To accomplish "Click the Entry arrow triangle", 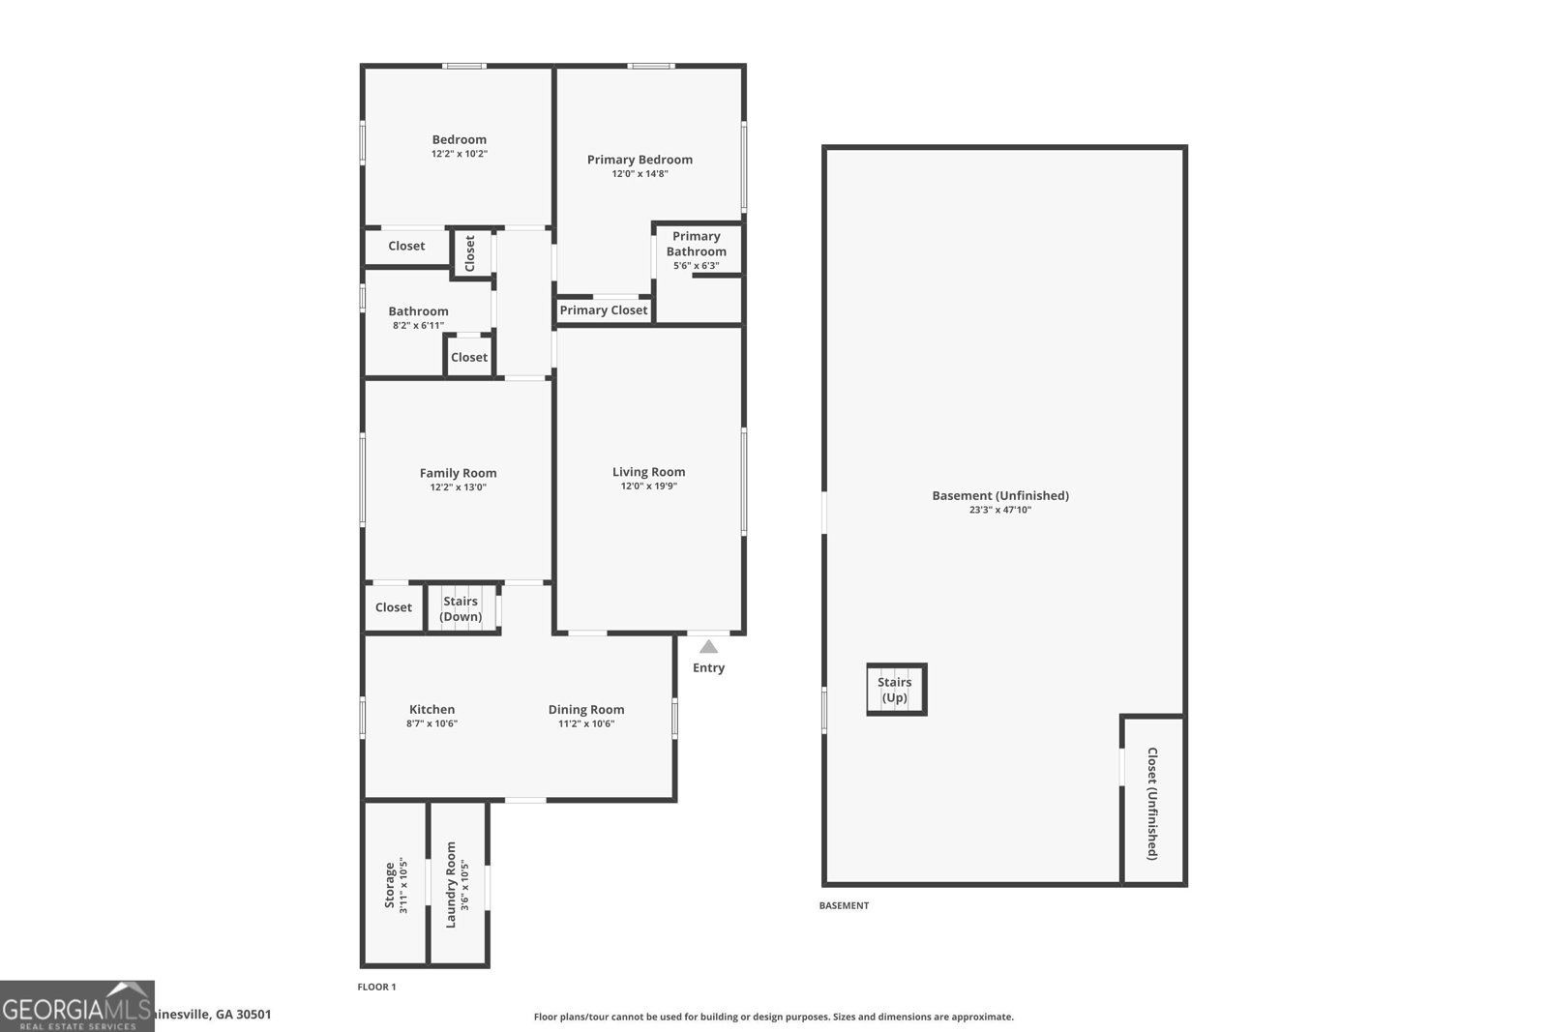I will [709, 647].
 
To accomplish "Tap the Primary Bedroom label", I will [640, 160].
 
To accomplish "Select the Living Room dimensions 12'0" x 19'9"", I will [648, 487].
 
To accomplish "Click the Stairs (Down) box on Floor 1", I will [461, 609].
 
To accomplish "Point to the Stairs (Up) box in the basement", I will [896, 690].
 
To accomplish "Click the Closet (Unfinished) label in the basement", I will [1151, 803].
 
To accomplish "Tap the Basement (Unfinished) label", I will [1000, 495].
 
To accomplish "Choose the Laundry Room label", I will [451, 884].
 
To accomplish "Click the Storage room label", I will [390, 884].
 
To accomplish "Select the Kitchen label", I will [432, 709].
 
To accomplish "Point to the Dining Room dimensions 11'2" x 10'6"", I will [586, 723].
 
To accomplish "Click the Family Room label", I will [458, 473].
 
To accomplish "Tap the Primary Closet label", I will [604, 310].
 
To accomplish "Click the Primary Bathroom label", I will [697, 244].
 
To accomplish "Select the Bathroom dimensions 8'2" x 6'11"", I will [418, 325].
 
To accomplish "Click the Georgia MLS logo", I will [77, 1006].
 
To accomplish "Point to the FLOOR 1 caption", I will [377, 987].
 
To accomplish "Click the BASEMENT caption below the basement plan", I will [844, 905].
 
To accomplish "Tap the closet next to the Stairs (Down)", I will [394, 607].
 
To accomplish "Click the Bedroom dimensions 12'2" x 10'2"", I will [460, 154].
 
